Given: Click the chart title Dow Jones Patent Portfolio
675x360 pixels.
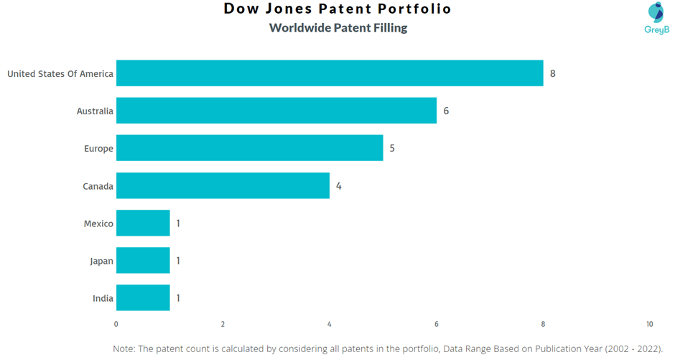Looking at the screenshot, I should (337, 9).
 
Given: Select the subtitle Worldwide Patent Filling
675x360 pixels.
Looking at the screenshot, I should (337, 28).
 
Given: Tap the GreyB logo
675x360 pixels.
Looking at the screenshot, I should (656, 18).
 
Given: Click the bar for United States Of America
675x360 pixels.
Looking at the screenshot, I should (330, 73).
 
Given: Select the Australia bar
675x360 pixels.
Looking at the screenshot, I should (276, 111).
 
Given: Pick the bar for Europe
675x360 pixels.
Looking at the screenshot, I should (249, 148).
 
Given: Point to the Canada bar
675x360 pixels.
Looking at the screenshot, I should (223, 186).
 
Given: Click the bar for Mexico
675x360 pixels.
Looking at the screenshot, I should (143, 223).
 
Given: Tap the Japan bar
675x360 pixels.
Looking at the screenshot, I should (143, 261).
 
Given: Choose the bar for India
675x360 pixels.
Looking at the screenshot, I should (143, 298).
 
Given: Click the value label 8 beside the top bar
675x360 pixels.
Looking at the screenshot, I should (553, 73).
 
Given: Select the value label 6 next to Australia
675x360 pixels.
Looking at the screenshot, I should (446, 111).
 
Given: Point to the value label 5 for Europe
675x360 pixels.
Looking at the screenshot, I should (392, 148).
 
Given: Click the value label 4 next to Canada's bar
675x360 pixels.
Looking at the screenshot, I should (339, 186).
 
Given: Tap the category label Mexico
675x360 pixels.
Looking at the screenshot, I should (98, 223).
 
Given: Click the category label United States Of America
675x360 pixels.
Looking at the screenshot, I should (60, 73).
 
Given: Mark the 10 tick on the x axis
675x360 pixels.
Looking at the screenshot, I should (650, 324).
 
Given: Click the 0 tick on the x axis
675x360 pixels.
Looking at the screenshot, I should (116, 324).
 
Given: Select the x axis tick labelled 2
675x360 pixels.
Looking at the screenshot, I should (223, 324).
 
